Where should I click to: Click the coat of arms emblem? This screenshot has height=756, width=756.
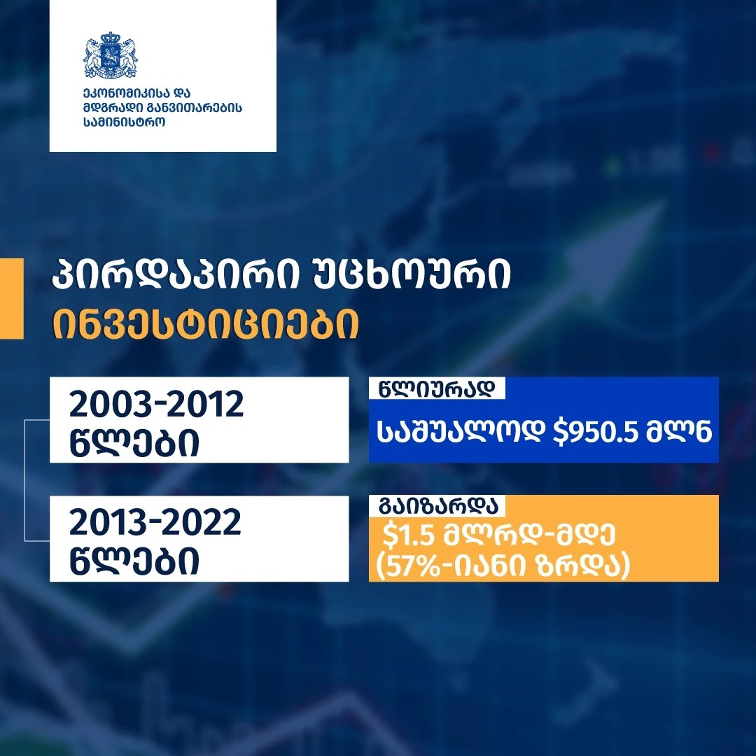click(x=111, y=55)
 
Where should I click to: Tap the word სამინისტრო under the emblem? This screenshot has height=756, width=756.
click(x=124, y=122)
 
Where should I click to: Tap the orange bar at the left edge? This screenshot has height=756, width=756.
click(x=12, y=298)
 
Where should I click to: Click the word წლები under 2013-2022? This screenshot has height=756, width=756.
click(x=134, y=561)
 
